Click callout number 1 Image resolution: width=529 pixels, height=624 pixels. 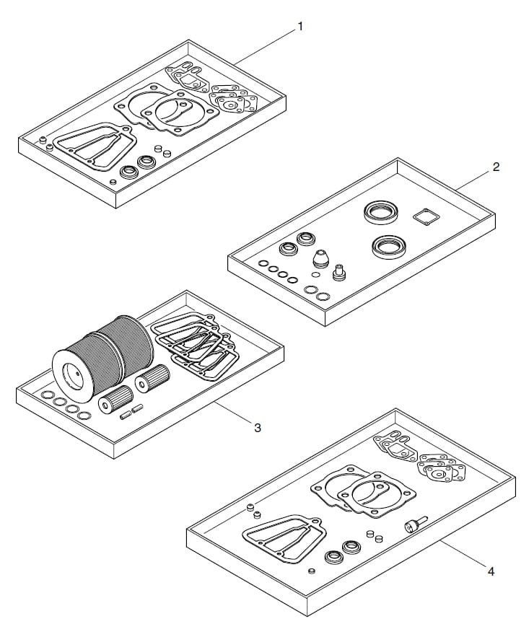(x=300, y=27)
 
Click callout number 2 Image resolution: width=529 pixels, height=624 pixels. (x=496, y=167)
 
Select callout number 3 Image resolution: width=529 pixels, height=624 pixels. (x=258, y=428)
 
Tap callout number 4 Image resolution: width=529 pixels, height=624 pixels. (x=491, y=571)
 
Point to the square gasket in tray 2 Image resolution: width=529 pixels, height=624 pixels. (x=427, y=217)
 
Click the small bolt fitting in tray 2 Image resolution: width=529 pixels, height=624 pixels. (x=338, y=273)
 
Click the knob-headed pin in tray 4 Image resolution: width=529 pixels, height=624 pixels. (x=415, y=524)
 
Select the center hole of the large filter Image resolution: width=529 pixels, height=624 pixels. (x=74, y=377)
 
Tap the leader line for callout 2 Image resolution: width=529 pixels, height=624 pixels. (x=473, y=180)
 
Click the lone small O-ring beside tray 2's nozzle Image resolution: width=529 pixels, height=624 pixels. (x=316, y=274)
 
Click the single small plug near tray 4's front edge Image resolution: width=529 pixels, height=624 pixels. (x=312, y=571)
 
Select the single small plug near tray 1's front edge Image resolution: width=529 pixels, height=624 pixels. (x=113, y=183)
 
